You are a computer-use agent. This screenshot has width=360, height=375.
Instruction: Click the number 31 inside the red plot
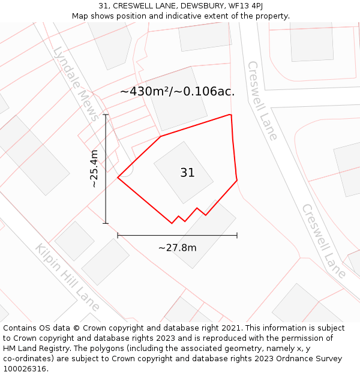click(x=187, y=173)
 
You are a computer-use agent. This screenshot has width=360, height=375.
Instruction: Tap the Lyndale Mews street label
click(x=76, y=84)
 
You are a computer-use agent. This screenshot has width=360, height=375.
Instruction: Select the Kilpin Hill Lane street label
click(x=67, y=274)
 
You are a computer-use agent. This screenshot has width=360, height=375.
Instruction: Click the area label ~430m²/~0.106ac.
click(x=177, y=92)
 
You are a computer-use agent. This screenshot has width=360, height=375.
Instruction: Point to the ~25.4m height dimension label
click(x=94, y=169)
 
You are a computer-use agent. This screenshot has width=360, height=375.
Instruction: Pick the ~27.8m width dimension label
click(x=177, y=247)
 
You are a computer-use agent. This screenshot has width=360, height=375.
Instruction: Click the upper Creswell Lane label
click(x=262, y=100)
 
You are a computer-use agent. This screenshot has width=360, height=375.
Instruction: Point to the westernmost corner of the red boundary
click(x=118, y=178)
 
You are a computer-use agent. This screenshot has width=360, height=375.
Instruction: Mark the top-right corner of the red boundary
click(x=230, y=114)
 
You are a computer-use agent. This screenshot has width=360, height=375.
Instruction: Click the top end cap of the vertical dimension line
click(x=106, y=115)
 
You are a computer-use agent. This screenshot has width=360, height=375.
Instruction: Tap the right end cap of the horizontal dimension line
click(x=237, y=235)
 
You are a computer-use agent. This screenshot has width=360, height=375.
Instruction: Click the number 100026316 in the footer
click(x=24, y=369)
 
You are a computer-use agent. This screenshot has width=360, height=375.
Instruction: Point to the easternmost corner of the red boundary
click(x=237, y=179)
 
